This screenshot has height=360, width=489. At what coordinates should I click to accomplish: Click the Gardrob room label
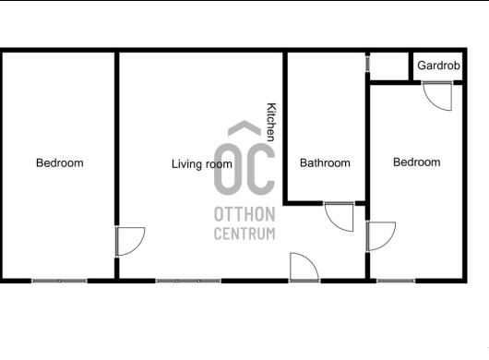pos(438,66)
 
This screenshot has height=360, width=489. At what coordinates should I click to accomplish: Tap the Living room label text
pos(202,164)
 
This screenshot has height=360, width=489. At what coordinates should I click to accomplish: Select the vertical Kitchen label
pos(271,122)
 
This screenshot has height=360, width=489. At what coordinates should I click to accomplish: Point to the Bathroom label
pos(325,162)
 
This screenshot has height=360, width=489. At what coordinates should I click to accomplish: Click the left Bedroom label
pos(60,162)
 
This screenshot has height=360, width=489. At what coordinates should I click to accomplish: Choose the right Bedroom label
pos(417,162)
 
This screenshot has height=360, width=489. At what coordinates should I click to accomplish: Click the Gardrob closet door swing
pos(437,96)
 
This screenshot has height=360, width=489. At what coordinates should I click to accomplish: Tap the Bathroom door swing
pos(339,217)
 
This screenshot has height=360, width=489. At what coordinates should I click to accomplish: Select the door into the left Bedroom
pos(130,242)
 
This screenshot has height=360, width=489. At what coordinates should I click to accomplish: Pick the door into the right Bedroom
pos(381,236)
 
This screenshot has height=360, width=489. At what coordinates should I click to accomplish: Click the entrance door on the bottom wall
pos(304,268)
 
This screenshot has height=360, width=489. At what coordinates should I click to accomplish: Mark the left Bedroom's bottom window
pos(59,281)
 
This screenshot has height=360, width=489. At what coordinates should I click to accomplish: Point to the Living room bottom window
pos(188,281)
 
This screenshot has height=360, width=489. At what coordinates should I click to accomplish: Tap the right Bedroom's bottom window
pos(396,281)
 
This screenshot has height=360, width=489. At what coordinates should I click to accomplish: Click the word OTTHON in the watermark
pos(244,214)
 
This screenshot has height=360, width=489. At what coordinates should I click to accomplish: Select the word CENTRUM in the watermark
pos(244,234)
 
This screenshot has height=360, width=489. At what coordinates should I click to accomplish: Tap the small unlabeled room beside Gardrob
pos(388,66)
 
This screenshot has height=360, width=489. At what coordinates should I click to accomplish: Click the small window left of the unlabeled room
pos(368,64)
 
